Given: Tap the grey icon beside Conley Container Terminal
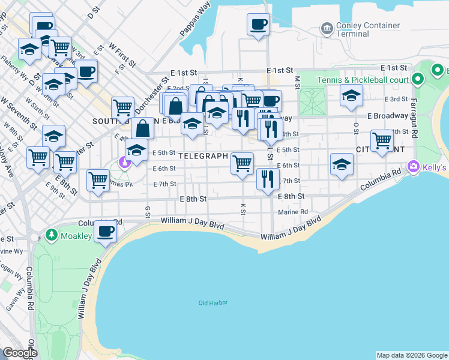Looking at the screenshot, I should (327, 28).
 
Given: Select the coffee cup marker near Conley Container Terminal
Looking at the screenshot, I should (258, 25).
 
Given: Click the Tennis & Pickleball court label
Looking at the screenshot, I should (363, 80).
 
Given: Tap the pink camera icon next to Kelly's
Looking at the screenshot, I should (413, 166).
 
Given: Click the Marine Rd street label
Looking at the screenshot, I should (293, 212).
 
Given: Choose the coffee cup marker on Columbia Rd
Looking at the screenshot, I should (106, 231).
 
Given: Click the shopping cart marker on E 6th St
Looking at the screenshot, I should (243, 163).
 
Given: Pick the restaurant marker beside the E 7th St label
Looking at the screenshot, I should (267, 178).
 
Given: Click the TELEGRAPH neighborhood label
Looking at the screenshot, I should (202, 156).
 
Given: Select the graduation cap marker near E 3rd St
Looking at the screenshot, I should (351, 95).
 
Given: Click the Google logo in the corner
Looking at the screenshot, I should (20, 353).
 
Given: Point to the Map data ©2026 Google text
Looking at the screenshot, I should (411, 355).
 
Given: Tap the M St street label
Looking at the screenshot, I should (297, 79).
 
